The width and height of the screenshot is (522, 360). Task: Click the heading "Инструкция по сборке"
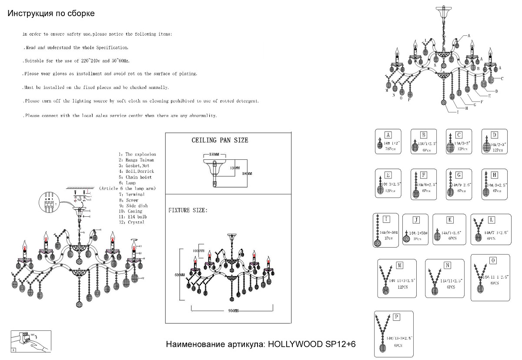click(x=51, y=13)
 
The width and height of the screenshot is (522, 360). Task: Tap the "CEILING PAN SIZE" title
click(x=220, y=140)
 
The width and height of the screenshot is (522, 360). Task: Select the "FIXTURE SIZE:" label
click(x=188, y=210)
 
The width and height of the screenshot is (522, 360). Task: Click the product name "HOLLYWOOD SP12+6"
click(x=311, y=344)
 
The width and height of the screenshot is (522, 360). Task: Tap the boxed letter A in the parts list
click(x=389, y=135)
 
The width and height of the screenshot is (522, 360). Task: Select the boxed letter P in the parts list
click(x=396, y=316)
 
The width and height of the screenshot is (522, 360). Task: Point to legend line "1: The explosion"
click(x=137, y=155)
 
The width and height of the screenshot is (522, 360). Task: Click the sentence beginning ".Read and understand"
click(x=76, y=47)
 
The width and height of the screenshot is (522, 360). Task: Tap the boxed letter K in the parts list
click(x=450, y=220)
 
